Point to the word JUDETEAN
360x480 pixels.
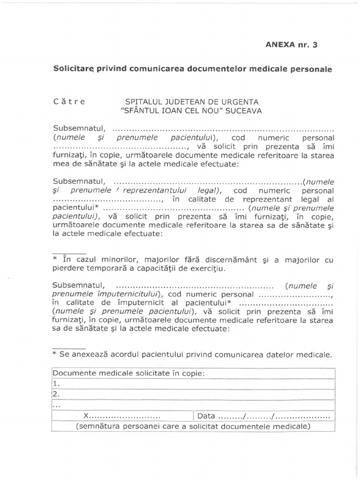[x=178, y=102]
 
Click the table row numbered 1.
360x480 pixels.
[x=194, y=383]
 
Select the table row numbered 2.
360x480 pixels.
[x=194, y=394]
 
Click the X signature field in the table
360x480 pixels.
[x=122, y=416]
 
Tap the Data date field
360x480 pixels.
[x=264, y=416]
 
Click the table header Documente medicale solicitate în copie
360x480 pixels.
[x=129, y=373]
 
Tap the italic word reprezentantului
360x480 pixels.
[x=157, y=191]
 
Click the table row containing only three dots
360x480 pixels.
[x=194, y=405]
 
